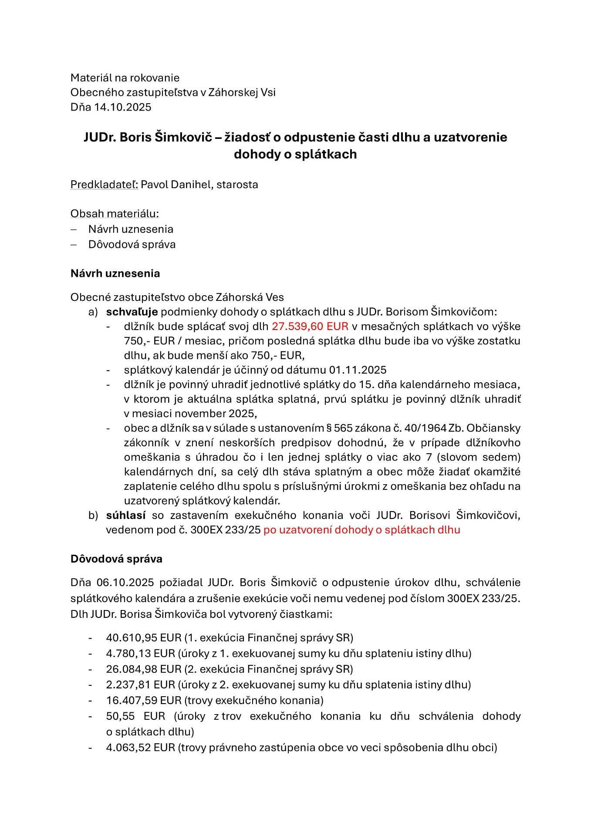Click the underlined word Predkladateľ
(104, 185)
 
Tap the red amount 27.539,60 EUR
(310, 326)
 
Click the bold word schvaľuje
(132, 312)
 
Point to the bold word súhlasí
(126, 515)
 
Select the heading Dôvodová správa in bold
(116, 559)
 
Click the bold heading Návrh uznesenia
(115, 273)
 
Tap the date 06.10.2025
(125, 583)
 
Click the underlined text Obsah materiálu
(115, 214)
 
